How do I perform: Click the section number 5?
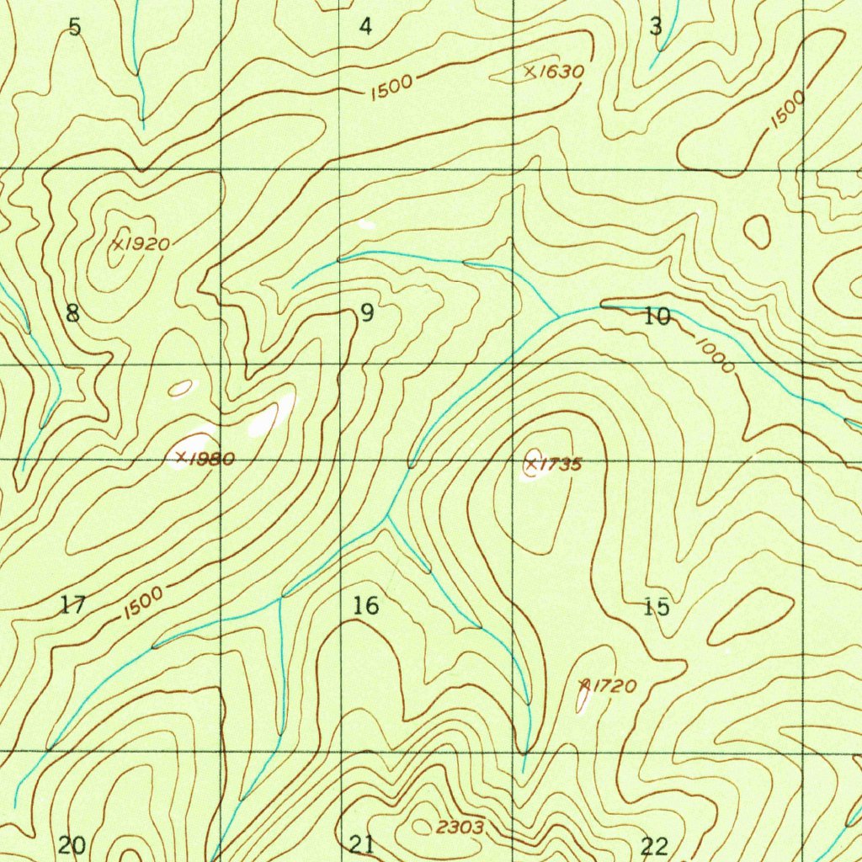click(75, 27)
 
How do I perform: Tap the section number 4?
click(364, 27)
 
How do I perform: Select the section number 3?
click(656, 27)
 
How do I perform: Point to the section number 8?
click(72, 314)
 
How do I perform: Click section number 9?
click(366, 314)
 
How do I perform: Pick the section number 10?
click(657, 317)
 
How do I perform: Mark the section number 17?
click(73, 604)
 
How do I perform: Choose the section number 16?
click(366, 605)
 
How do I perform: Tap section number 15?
click(657, 606)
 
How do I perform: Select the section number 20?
click(72, 845)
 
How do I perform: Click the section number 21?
click(362, 844)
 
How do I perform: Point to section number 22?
click(654, 846)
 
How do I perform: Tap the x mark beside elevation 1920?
click(117, 244)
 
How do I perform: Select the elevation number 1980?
click(211, 459)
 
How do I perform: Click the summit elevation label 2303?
click(460, 827)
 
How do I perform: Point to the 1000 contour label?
click(714, 354)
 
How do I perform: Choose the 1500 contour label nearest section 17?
click(141, 603)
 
